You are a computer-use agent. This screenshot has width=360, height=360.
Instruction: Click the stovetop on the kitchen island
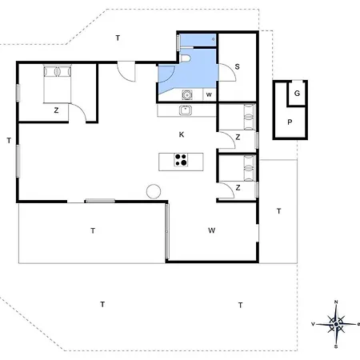181,160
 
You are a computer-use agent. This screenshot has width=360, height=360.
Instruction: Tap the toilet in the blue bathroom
185,58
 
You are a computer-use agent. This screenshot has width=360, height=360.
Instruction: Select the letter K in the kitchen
182,134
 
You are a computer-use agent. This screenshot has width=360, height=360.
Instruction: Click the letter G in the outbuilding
297,94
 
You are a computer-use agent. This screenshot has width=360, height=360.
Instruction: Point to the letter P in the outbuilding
290,122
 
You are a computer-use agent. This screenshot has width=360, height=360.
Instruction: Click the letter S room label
237,66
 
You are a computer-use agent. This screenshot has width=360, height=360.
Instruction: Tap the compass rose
336,324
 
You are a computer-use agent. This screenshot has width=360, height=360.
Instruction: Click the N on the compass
336,302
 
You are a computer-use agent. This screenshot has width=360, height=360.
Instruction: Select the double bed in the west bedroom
58,84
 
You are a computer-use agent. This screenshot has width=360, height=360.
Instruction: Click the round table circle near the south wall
154,191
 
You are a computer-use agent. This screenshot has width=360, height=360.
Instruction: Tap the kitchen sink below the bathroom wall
186,110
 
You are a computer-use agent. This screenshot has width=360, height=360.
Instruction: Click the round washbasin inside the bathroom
187,95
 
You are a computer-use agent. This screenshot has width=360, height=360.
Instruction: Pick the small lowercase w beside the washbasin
209,94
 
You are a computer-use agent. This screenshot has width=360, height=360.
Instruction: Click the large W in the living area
212,230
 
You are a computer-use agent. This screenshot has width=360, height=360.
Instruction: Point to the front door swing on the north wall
126,71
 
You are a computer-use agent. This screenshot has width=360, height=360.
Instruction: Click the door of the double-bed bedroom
78,113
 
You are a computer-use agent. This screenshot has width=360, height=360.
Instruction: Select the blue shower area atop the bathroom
198,41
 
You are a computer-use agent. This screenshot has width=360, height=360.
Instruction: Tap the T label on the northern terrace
118,38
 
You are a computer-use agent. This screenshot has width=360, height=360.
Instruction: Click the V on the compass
314,324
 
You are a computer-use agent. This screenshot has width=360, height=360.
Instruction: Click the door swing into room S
227,72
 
